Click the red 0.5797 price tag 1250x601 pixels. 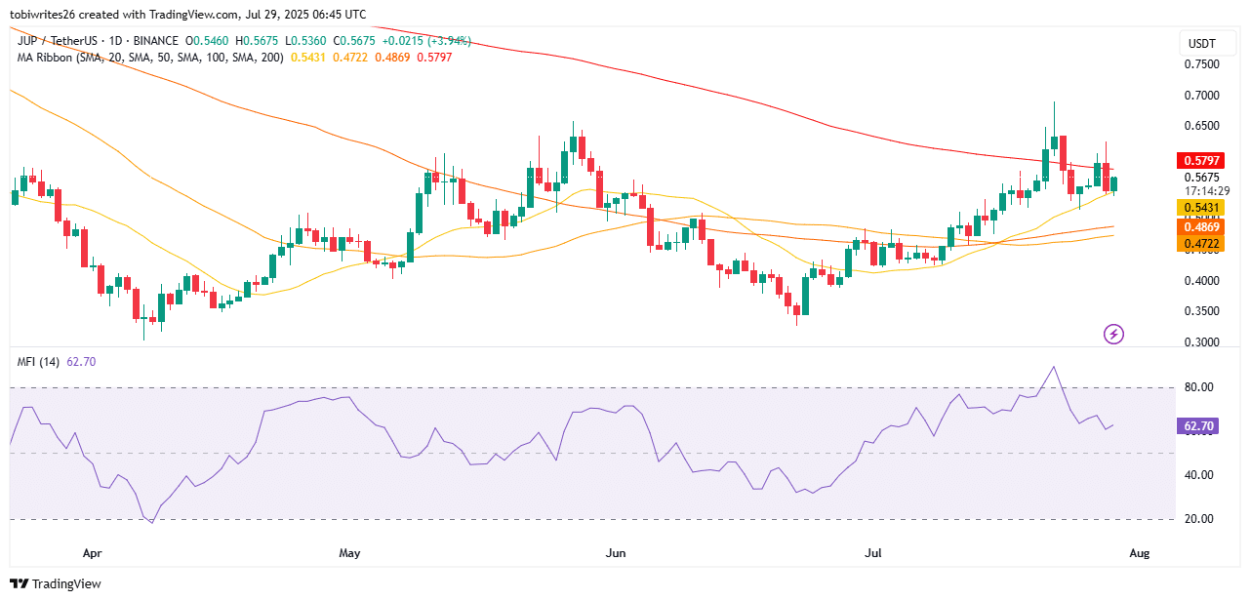coord(1202,160)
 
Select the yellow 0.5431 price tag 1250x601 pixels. coord(1202,208)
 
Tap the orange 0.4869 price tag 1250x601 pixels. coord(1202,226)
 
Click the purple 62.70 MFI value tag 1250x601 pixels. coord(1202,426)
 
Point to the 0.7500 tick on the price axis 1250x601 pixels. coord(1202,64)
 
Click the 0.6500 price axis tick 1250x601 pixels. coord(1202,126)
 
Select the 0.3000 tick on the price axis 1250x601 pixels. coord(1202,342)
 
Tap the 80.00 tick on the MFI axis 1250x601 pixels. coord(1202,387)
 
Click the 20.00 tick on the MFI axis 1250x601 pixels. coord(1202,519)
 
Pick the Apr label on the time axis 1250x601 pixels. coord(92,553)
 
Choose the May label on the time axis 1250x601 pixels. coord(350,553)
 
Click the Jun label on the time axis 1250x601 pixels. coord(616,553)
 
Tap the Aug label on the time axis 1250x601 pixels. coord(1139,553)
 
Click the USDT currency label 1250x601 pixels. coord(1200,44)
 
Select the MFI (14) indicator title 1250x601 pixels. coord(37,362)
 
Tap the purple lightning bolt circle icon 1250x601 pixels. coord(1113,335)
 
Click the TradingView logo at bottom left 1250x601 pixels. coord(59,583)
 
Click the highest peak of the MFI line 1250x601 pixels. coord(1053,368)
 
